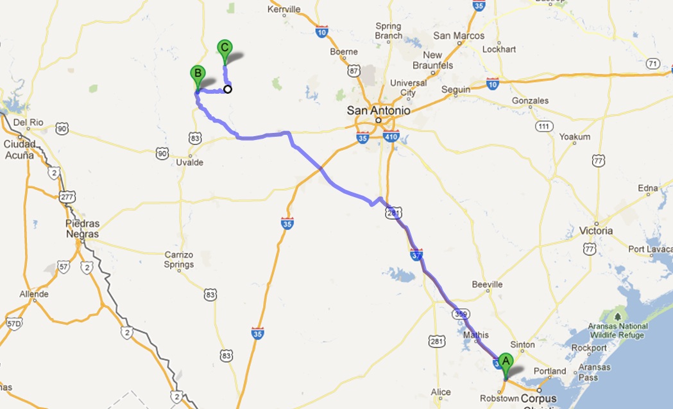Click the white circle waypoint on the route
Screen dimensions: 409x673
coord(227,89)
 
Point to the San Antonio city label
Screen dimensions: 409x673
coord(378,110)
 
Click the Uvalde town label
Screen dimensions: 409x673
coord(189,162)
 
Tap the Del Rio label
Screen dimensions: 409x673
coord(27,122)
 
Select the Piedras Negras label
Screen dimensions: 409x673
coord(82,229)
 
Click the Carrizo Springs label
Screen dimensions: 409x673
coord(179,259)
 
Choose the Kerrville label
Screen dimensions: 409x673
coord(285,9)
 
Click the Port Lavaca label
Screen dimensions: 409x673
coord(650,249)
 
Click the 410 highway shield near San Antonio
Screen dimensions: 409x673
coord(391,136)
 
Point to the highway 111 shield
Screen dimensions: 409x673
coord(545,125)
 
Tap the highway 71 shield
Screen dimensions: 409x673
coord(652,64)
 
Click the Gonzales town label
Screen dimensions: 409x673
coord(530,101)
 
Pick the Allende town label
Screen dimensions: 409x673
coord(34,293)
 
